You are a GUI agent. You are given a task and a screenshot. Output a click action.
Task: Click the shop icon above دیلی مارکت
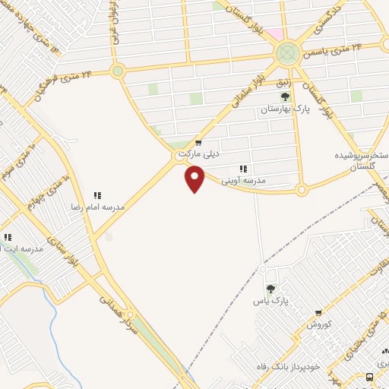click(198, 142)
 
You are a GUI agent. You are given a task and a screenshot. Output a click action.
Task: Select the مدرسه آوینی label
click(243, 180)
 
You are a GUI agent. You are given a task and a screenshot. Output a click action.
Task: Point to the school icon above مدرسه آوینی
click(243, 169)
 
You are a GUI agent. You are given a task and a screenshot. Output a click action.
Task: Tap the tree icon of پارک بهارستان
click(285, 96)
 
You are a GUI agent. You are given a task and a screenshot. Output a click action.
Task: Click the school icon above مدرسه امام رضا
click(96, 195)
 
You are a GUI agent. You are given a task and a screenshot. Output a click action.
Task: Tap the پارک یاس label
click(270, 301)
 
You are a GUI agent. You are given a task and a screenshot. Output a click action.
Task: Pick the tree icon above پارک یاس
click(270, 289)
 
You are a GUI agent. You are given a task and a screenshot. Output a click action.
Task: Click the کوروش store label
click(320, 324)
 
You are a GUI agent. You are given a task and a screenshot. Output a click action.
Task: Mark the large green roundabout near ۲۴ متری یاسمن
click(286, 53)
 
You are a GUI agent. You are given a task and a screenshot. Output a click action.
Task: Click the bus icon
click(369, 377)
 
